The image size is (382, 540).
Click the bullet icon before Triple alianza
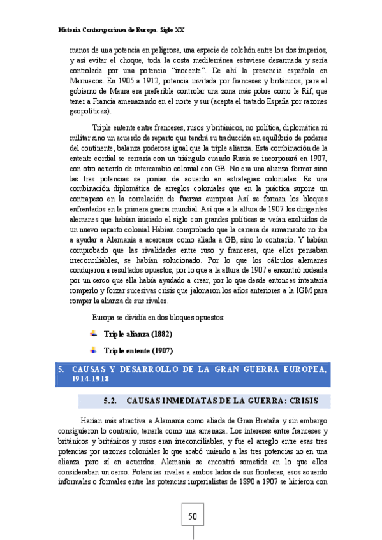coord(94,333)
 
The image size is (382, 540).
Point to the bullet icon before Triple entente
coord(94,350)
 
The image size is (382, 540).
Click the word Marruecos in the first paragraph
coord(87,81)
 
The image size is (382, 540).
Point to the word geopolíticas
coord(91,111)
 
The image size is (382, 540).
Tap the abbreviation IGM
coord(304,290)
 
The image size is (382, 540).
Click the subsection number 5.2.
coord(112,401)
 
